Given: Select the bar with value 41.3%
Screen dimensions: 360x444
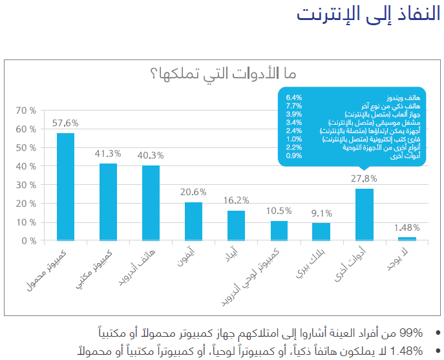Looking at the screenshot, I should pyautogui.click(x=108, y=202).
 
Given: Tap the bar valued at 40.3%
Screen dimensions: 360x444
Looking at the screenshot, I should pyautogui.click(x=151, y=203).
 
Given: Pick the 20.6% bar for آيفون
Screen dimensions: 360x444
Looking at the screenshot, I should pyautogui.click(x=193, y=221).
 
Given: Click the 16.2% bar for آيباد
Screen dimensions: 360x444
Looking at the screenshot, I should pyautogui.click(x=236, y=225).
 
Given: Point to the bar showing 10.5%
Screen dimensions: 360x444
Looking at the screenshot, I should pyautogui.click(x=279, y=231).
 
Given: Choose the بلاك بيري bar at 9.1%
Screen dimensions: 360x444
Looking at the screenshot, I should pyautogui.click(x=321, y=231).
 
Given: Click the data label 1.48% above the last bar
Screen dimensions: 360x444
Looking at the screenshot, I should pyautogui.click(x=407, y=228).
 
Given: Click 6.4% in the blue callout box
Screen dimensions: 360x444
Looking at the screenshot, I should pyautogui.click(x=293, y=98).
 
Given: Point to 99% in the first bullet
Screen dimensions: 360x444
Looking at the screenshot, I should pyautogui.click(x=411, y=334).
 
